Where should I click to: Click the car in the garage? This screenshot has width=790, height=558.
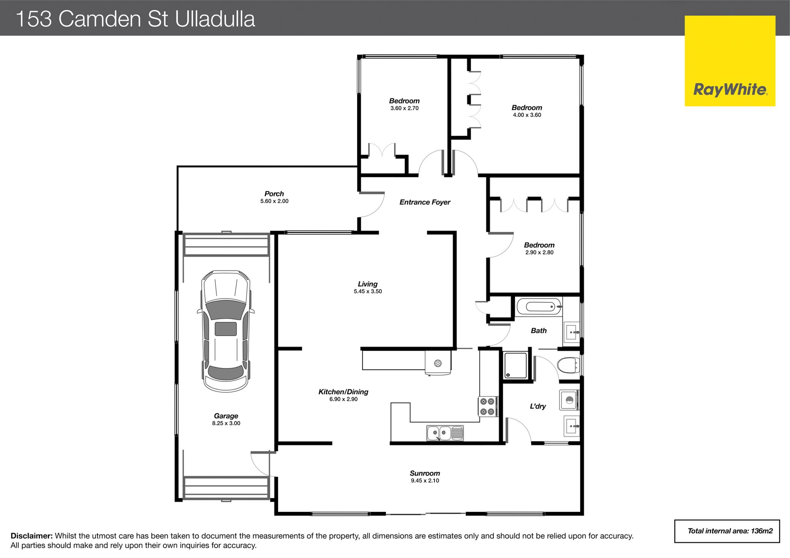click(226, 331)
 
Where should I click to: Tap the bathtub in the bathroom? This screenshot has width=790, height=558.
click(539, 307)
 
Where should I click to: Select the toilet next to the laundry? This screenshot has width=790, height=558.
click(568, 365)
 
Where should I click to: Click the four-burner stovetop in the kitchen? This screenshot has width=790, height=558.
click(488, 406)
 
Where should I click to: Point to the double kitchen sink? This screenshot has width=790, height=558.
click(445, 433)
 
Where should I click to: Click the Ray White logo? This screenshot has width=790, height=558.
click(730, 61)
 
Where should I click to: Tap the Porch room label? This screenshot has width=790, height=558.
click(274, 194)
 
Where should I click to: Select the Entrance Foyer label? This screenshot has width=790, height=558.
click(425, 202)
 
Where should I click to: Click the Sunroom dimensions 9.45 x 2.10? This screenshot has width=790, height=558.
click(425, 481)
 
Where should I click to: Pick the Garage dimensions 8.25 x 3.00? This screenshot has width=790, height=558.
click(226, 423)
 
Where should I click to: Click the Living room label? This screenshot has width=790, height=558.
click(367, 284)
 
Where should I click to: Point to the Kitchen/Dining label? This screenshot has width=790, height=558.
click(343, 392)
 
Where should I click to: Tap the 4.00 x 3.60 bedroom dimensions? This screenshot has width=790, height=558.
click(527, 115)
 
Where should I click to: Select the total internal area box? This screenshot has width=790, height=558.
click(727, 531)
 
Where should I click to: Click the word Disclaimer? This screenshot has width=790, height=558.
click(32, 536)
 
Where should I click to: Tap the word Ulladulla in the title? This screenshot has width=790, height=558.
click(215, 19)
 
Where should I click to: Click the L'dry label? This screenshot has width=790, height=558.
click(538, 406)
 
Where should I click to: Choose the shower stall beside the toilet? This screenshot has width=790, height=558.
click(516, 365)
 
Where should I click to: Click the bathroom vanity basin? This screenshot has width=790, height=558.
click(572, 332)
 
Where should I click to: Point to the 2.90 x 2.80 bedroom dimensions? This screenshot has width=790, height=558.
click(539, 252)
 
